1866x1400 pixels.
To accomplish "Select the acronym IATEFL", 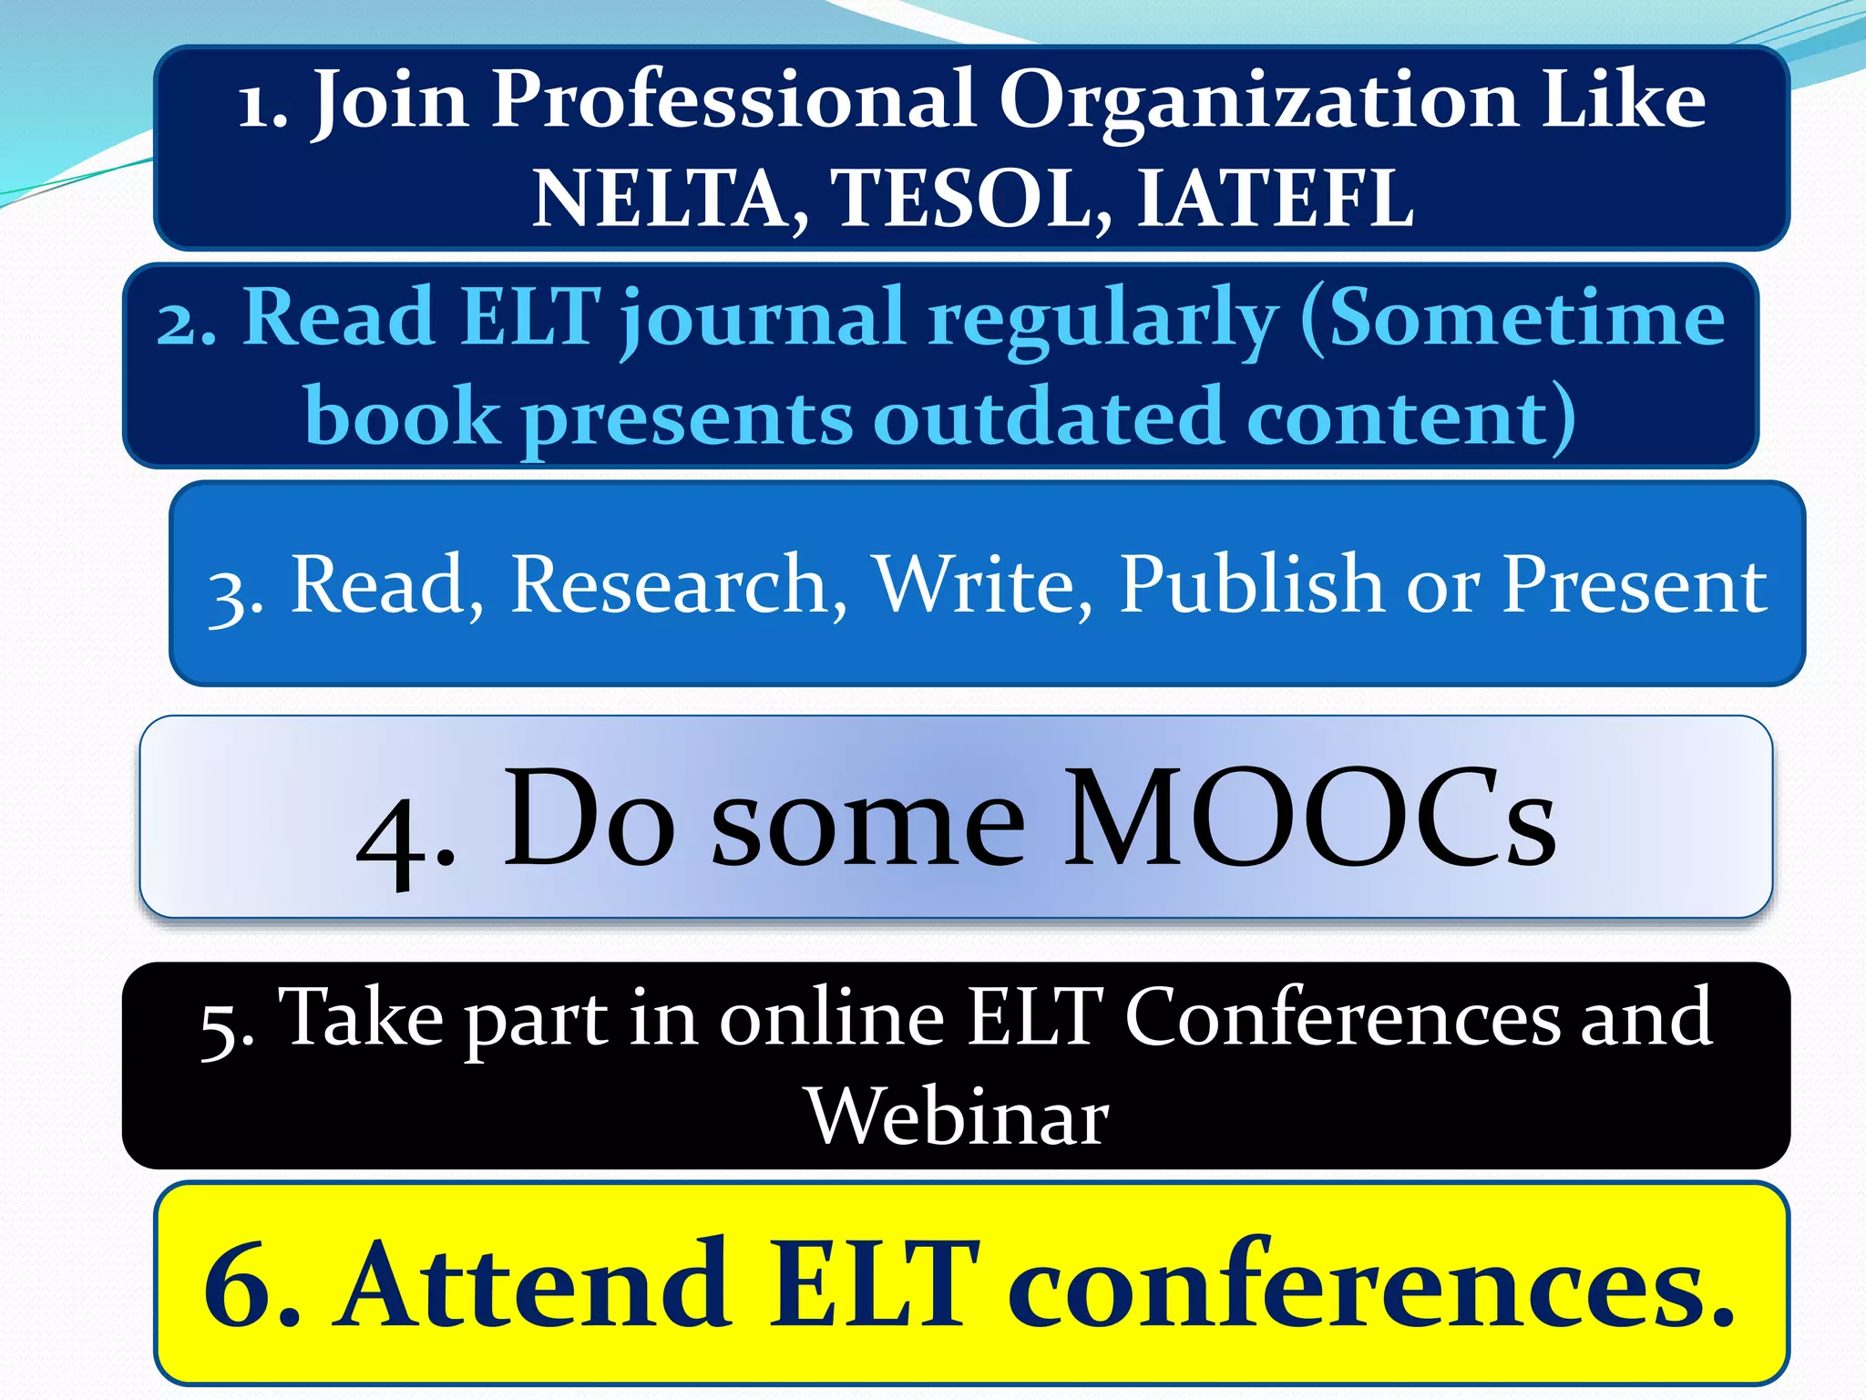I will click(1275, 198).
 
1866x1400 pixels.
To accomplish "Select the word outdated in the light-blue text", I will click(1048, 417).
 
